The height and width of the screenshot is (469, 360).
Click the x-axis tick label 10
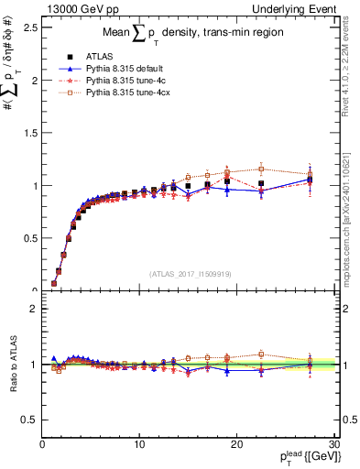point(139,444)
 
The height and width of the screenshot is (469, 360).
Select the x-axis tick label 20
point(236,444)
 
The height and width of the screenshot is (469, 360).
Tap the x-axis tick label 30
point(333,444)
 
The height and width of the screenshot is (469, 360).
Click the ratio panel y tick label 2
point(33,309)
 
